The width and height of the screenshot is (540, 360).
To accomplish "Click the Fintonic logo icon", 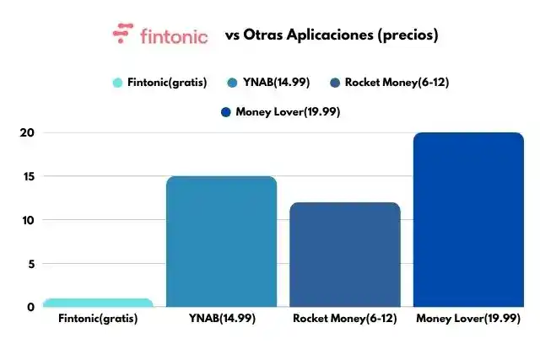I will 123,35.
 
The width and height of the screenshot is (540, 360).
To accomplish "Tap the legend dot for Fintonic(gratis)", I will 118,83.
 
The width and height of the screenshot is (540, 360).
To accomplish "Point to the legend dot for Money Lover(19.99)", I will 224,111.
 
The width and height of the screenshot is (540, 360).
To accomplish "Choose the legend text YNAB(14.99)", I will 276,83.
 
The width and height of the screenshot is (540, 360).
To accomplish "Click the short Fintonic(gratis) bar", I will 99,303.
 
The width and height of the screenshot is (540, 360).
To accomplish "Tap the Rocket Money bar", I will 344,254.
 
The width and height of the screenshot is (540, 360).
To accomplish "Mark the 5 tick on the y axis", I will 30,264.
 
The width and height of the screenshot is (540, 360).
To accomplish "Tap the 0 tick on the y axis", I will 30,307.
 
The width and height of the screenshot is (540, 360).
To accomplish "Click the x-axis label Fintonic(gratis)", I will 99,319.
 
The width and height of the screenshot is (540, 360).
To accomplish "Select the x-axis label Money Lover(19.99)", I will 467,319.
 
